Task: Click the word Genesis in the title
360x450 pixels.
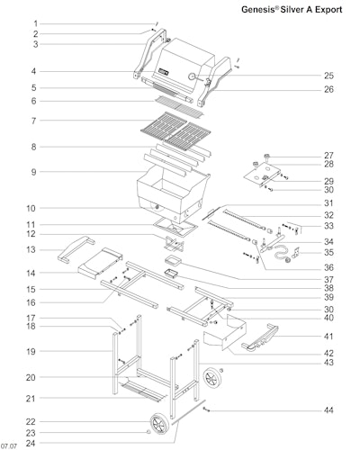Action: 258,10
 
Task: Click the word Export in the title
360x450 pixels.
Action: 328,10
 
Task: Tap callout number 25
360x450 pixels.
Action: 328,76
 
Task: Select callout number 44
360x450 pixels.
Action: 328,410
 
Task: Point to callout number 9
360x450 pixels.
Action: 33,172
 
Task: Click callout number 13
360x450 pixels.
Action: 31,249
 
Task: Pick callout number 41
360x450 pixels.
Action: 328,337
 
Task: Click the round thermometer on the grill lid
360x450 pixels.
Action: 192,76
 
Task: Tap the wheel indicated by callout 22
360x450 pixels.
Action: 158,423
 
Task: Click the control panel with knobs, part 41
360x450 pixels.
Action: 260,338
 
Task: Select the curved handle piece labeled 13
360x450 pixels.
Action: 76,248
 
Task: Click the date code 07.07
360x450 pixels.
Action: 9,446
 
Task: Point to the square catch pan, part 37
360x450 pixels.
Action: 173,259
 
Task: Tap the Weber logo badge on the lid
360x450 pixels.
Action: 163,72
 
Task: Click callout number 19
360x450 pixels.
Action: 31,351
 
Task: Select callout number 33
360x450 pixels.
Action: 328,226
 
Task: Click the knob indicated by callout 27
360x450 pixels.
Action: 266,157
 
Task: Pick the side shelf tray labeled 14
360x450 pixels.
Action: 100,263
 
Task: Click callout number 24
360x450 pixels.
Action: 31,443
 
